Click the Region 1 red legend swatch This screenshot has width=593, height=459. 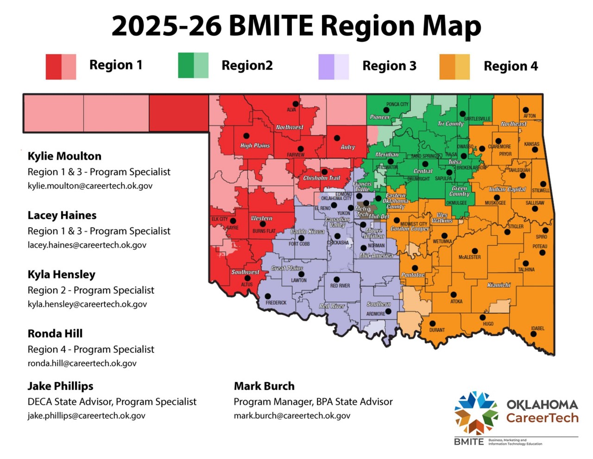61,67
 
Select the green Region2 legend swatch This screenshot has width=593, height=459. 193,65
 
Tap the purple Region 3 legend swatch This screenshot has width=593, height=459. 334,67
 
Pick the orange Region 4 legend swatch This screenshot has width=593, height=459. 454,67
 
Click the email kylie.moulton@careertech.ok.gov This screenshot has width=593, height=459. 90,186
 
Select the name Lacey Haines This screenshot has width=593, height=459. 62,215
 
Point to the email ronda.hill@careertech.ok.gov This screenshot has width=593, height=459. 82,363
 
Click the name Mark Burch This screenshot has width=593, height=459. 264,386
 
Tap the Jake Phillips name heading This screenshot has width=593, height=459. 60,386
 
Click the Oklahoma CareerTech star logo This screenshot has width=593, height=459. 476,413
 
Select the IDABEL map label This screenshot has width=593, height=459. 537,328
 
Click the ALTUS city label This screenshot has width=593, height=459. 247,285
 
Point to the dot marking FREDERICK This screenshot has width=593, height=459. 268,296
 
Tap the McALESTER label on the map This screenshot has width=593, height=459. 469,257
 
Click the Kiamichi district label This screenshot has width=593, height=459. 498,285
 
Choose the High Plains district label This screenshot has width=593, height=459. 255,146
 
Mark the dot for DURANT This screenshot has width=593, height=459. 432,324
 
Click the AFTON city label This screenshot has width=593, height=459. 530,116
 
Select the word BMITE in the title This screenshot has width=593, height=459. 271,25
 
